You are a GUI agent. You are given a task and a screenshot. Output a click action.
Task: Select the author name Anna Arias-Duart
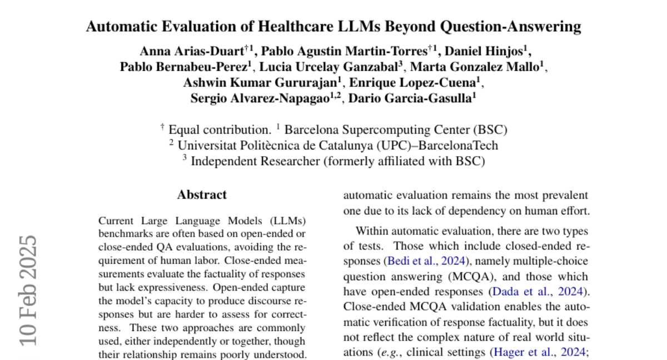pos(191,52)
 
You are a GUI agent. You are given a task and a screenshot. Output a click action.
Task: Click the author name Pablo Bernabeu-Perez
pos(183,67)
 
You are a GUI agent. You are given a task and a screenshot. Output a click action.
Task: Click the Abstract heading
pos(202,194)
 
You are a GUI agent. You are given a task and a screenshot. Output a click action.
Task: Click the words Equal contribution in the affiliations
pos(220,130)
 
